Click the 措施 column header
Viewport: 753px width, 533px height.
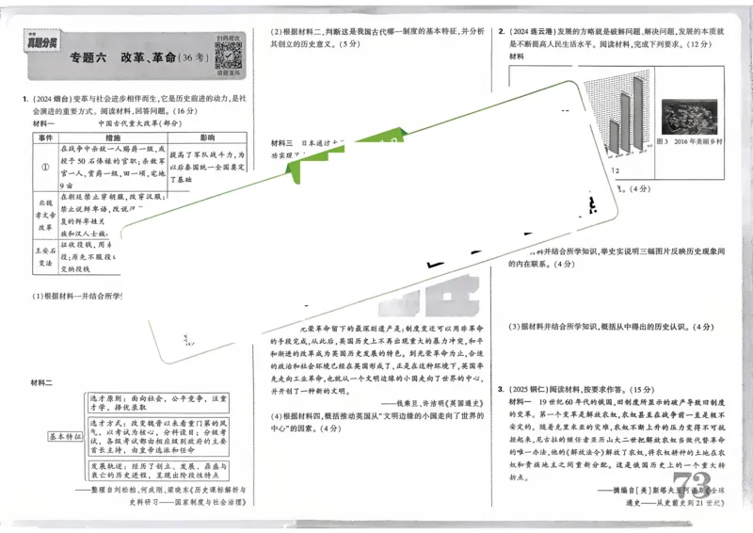112,137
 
